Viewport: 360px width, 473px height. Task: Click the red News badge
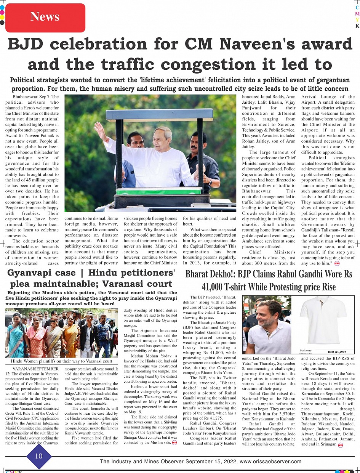(x=45, y=17)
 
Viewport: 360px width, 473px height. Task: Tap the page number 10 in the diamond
(x=38, y=456)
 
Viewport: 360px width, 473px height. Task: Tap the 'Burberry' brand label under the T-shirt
(x=306, y=350)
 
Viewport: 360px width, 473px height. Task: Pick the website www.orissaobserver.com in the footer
(x=270, y=461)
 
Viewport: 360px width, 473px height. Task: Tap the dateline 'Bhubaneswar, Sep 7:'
(x=33, y=97)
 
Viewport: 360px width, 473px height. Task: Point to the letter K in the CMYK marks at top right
(x=357, y=26)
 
